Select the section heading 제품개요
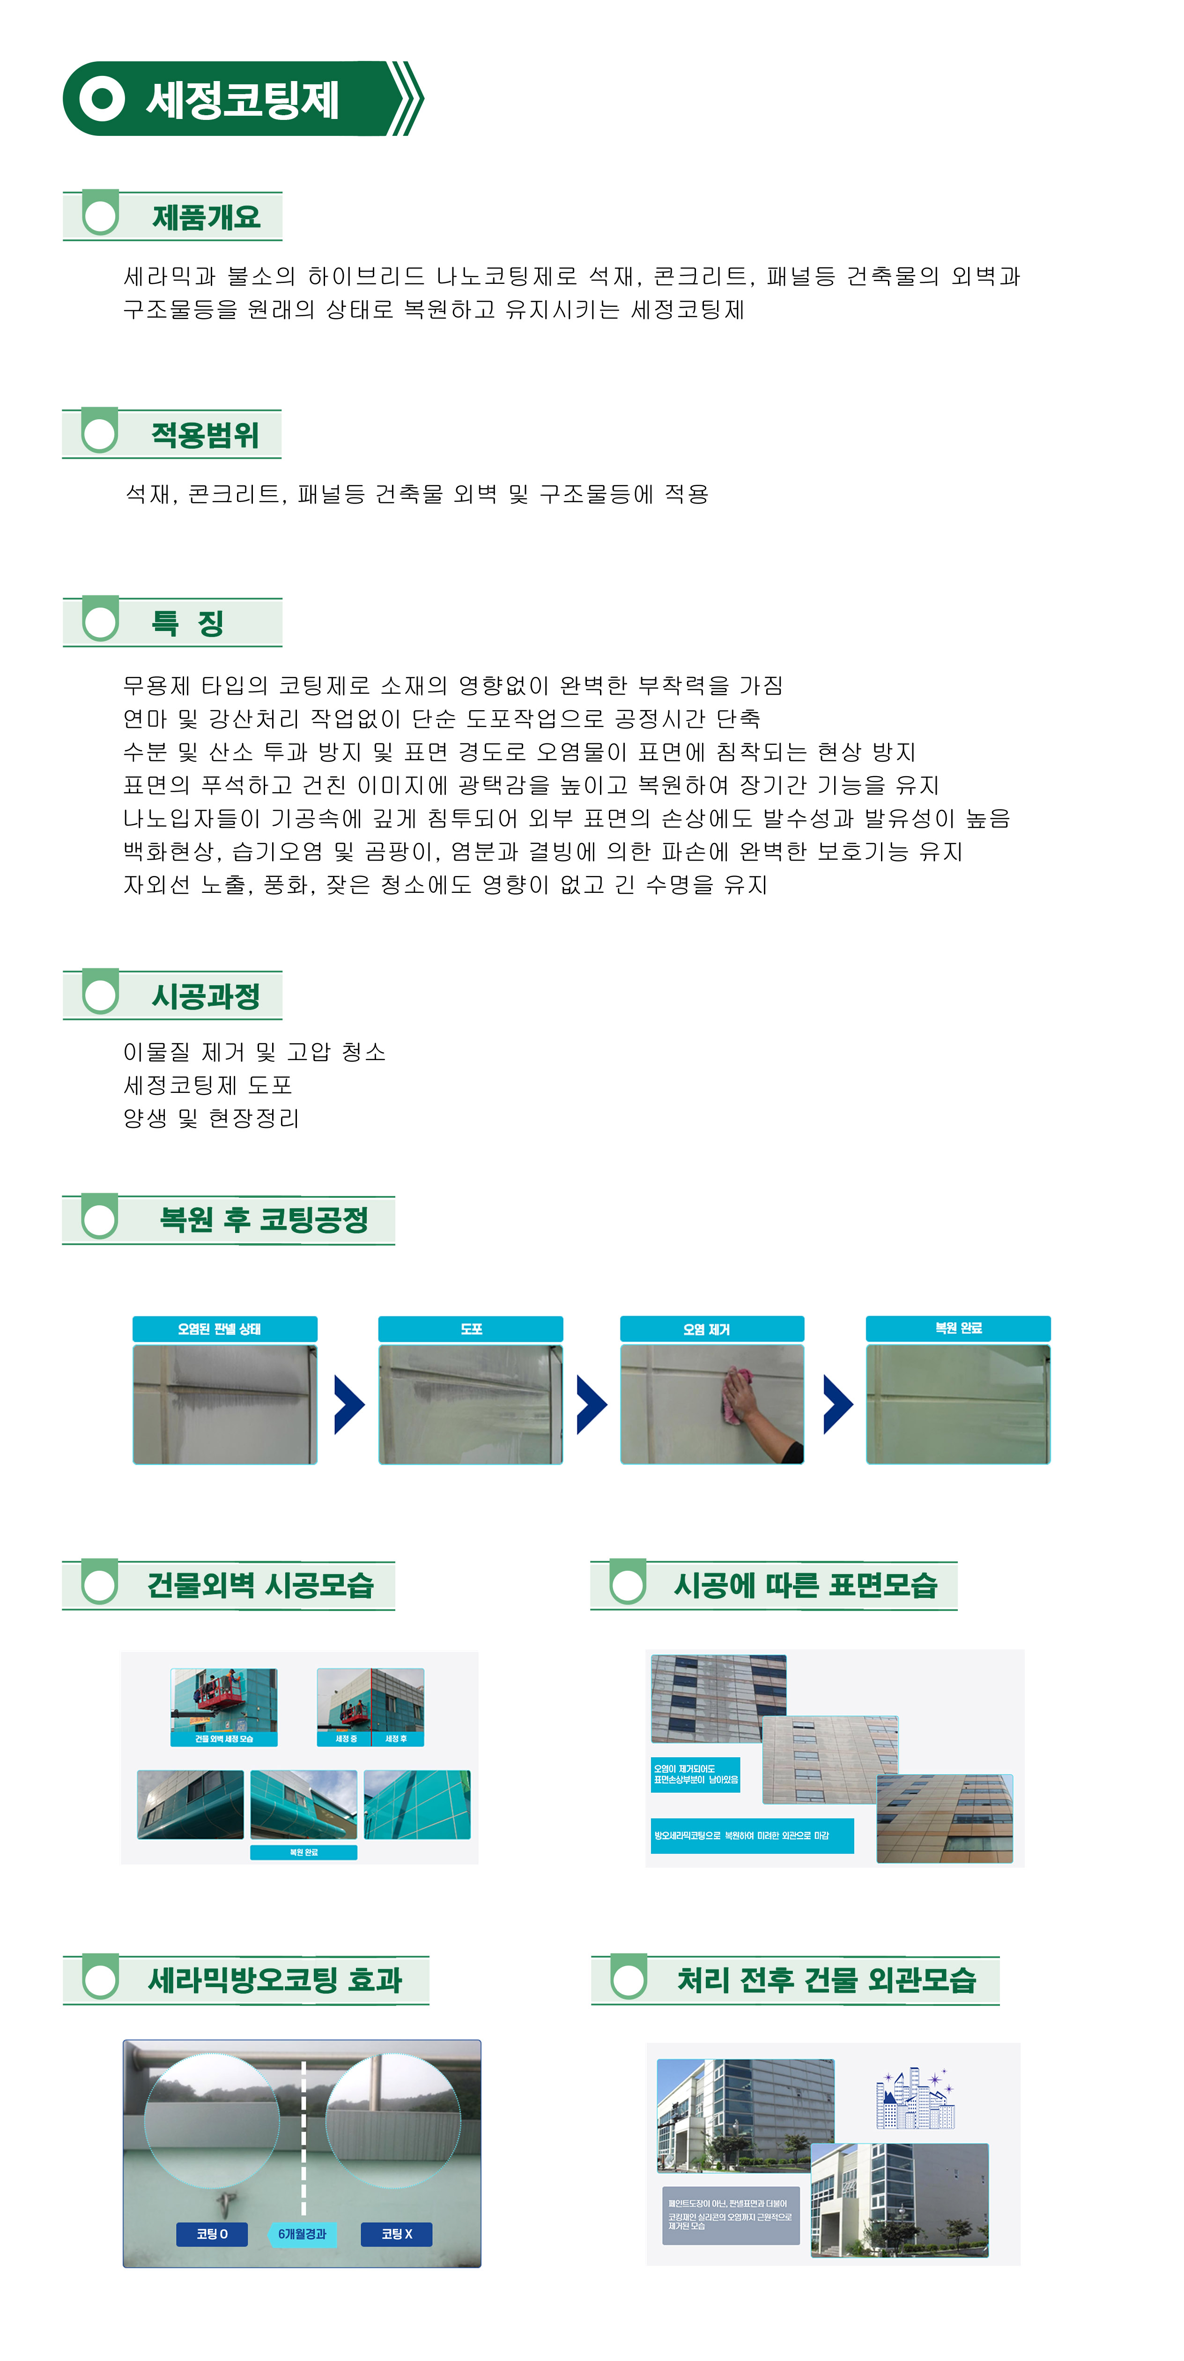click(x=206, y=217)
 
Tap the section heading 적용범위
click(x=205, y=434)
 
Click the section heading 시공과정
click(x=206, y=996)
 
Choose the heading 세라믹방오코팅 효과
click(x=275, y=1980)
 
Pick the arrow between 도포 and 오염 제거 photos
click(x=591, y=1404)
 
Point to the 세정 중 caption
click(x=346, y=1739)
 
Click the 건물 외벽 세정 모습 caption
click(x=223, y=1739)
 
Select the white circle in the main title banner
click(x=102, y=99)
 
